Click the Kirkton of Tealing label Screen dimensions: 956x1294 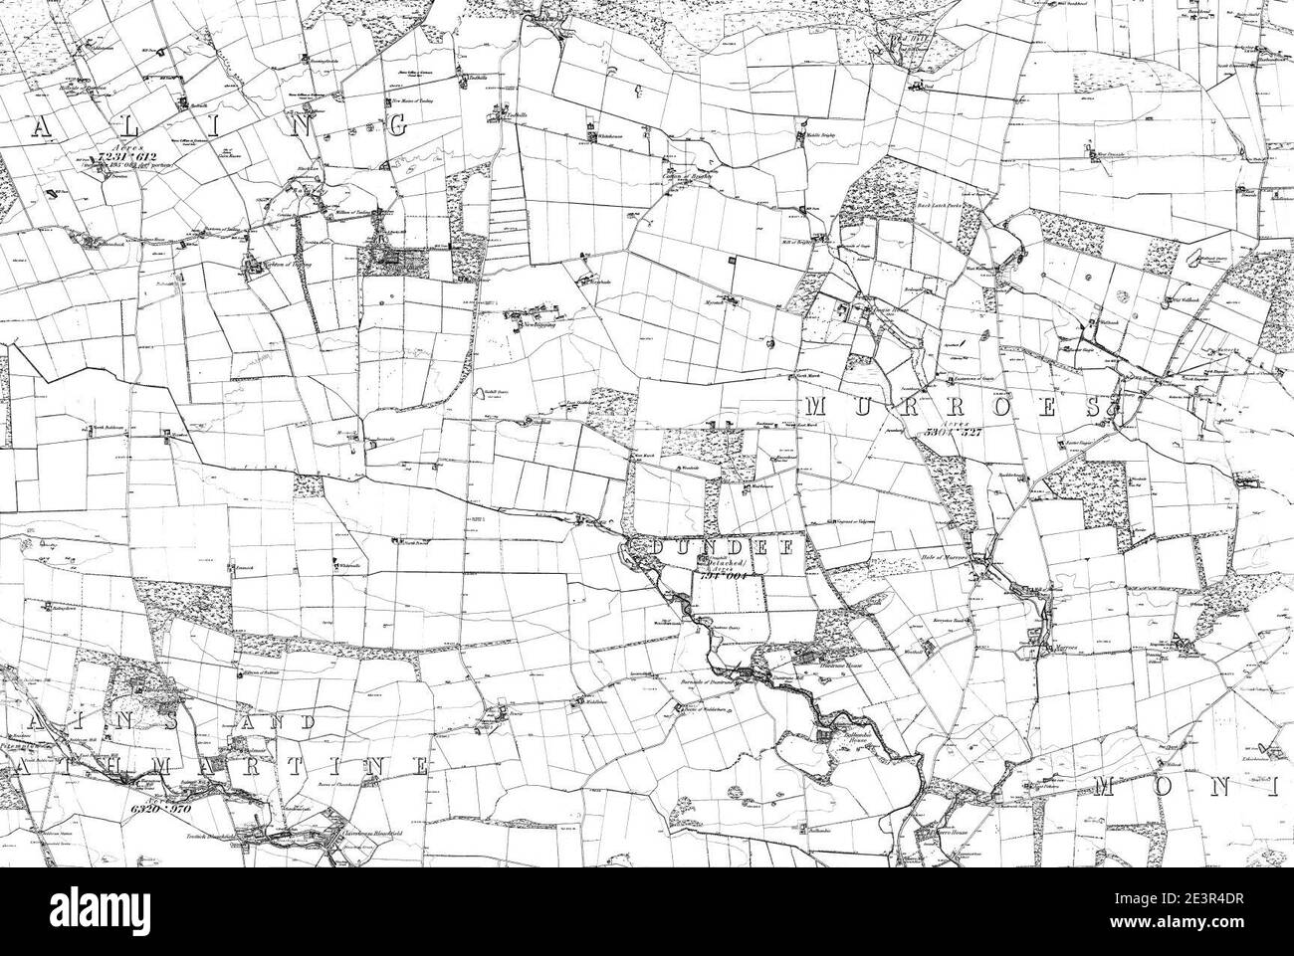coord(273,267)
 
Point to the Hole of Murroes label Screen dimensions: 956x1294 coord(947,558)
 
